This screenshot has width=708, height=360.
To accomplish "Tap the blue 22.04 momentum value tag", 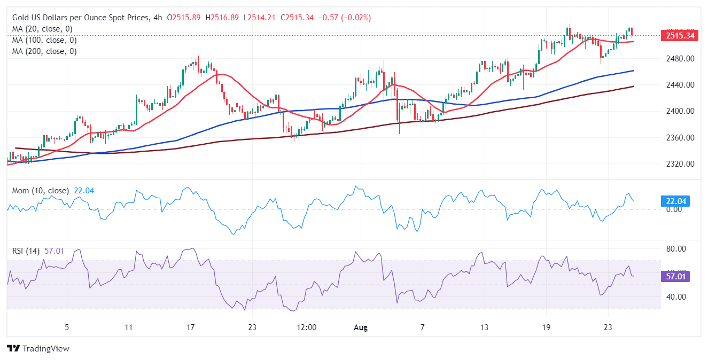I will coord(676,201).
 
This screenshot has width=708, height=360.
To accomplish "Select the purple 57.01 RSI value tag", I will coord(676,276).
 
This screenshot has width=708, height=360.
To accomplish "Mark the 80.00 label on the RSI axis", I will coord(674,249).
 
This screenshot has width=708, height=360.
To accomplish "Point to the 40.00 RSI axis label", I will coord(674,297).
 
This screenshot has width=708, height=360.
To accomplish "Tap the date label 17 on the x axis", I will coord(191,326).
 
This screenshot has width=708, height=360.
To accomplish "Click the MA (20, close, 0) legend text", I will coord(42,29).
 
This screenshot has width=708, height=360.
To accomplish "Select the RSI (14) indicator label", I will coord(26,251).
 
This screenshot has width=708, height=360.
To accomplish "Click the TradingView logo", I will coord(38,348).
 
